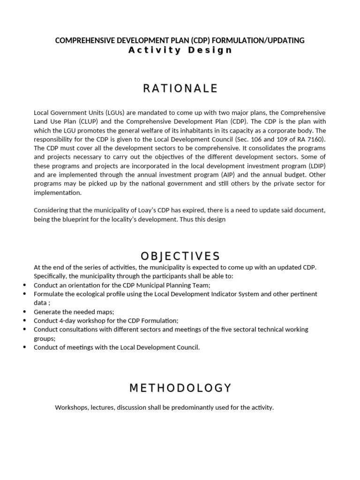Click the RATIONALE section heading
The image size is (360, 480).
(180, 88)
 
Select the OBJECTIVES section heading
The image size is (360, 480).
(180, 256)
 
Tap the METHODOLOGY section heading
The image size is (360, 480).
(180, 388)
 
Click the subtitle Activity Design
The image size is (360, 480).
(180, 50)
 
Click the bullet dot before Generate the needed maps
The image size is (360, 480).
(24, 312)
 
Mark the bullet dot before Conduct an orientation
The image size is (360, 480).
(24, 285)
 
